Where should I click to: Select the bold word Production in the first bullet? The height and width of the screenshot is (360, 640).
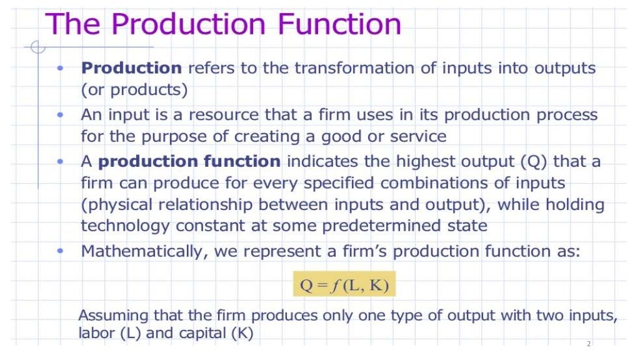pyautogui.click(x=131, y=68)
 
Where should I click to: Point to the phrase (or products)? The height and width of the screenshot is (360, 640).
pyautogui.click(x=134, y=89)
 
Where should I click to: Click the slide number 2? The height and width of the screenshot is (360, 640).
pyautogui.click(x=588, y=344)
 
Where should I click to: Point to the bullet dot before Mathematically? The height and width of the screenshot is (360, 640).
pyautogui.click(x=61, y=251)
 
